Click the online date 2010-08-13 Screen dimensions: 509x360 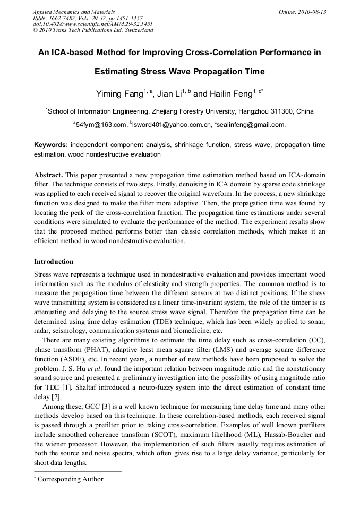tap(313, 12)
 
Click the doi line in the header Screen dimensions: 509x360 tap(93, 24)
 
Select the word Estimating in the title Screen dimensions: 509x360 tap(117, 72)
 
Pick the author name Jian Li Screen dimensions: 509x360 tap(169, 94)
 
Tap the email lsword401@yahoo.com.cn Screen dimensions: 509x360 tap(172, 125)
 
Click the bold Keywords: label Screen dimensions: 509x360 tap(51, 145)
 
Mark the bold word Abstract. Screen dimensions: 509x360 tap(48, 175)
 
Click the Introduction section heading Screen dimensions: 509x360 tap(54, 262)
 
